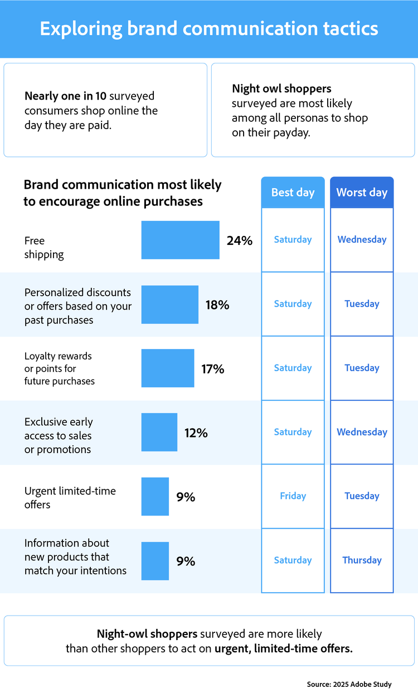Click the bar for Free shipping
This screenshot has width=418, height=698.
pyautogui.click(x=180, y=240)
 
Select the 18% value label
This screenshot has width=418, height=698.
pyautogui.click(x=217, y=304)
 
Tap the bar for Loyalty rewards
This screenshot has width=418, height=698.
pyautogui.click(x=168, y=368)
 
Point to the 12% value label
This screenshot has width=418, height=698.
pyautogui.click(x=196, y=432)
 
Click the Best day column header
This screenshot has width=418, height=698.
pyautogui.click(x=293, y=193)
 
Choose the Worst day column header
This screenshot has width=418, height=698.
pyautogui.click(x=362, y=193)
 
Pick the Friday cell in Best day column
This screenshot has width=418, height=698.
pyautogui.click(x=293, y=496)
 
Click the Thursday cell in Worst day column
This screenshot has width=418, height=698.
pyautogui.click(x=362, y=560)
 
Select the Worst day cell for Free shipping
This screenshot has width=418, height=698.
pyautogui.click(x=362, y=239)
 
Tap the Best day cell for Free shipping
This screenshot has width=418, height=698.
pyautogui.click(x=293, y=239)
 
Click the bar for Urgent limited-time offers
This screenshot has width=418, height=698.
pyautogui.click(x=155, y=497)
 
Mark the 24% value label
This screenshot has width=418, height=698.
pyautogui.click(x=240, y=240)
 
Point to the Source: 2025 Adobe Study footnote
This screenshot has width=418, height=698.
pyautogui.click(x=349, y=684)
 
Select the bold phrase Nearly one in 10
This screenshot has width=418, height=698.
pyautogui.click(x=65, y=96)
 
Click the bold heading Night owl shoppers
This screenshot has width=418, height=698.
pyautogui.click(x=281, y=89)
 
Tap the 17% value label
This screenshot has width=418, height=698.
pyautogui.click(x=213, y=368)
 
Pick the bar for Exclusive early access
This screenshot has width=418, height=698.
pyautogui.click(x=159, y=432)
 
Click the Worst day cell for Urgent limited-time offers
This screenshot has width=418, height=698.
pyautogui.click(x=362, y=496)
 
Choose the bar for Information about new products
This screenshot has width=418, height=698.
pyautogui.click(x=155, y=561)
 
